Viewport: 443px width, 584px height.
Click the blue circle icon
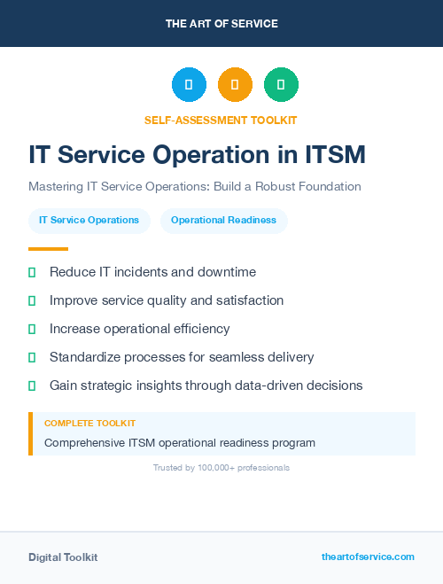189,85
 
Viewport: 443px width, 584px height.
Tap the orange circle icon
235,85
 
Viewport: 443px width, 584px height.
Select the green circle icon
281,85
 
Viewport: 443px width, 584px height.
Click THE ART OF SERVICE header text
221,24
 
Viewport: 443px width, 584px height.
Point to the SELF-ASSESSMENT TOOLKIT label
221,120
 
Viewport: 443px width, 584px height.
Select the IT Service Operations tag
89,220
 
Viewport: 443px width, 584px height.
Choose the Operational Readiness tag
223,220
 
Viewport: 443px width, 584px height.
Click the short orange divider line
48,248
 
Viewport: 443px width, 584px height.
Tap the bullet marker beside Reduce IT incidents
32,272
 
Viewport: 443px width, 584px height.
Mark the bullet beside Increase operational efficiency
32,329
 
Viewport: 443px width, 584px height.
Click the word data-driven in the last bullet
279,385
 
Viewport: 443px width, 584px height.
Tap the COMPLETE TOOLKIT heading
89,424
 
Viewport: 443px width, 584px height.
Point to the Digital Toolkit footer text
63,557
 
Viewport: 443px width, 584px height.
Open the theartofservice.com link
368,557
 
